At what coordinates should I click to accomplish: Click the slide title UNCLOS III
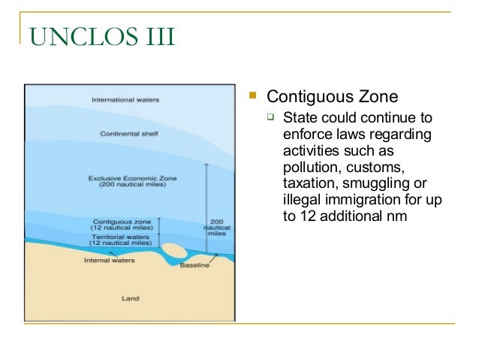point(100,35)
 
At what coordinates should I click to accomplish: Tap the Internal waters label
point(106,261)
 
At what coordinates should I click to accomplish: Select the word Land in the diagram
point(131,298)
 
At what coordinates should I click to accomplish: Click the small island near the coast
point(177,250)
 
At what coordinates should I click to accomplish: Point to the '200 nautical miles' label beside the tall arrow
point(217,227)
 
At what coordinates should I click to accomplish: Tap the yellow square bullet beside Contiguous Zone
point(254,96)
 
